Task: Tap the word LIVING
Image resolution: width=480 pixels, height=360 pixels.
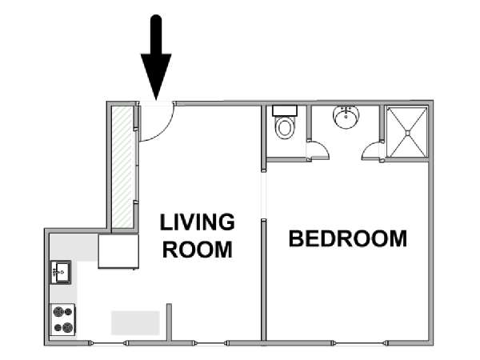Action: [197, 222]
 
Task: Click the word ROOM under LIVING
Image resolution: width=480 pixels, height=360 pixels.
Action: [198, 250]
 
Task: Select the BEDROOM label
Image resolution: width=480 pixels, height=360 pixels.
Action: [348, 238]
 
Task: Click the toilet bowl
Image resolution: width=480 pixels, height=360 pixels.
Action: [285, 128]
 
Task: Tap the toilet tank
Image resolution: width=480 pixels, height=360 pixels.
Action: [285, 110]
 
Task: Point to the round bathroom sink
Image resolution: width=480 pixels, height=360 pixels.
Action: [346, 117]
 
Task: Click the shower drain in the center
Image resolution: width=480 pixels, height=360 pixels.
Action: [407, 133]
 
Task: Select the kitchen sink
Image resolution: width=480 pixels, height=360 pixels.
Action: [61, 272]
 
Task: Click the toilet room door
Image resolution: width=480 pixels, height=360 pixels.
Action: [318, 150]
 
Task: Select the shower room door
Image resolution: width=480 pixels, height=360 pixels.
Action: [372, 150]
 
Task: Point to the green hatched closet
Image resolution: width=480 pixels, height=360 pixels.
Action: [122, 167]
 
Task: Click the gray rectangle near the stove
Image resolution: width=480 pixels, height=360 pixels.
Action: [135, 323]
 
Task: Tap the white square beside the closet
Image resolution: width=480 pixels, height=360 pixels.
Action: [118, 252]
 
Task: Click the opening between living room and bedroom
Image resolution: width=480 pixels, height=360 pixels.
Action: [263, 195]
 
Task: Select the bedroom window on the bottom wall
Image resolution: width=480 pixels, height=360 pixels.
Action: [360, 343]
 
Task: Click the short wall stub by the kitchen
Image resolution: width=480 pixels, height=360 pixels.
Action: [169, 322]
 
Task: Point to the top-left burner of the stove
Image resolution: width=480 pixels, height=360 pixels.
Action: [58, 312]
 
